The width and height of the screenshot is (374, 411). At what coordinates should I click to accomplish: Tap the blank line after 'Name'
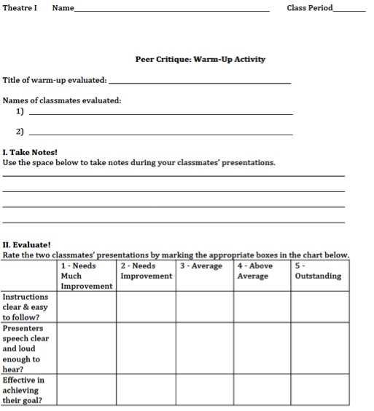coord(171,10)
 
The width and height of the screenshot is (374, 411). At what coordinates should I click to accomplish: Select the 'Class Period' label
coord(309,8)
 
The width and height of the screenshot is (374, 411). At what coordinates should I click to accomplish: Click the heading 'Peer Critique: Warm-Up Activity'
coord(200,60)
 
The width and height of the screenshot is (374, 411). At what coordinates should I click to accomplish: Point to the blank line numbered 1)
coord(160,114)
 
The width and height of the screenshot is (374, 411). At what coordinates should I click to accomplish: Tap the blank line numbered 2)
coord(160,134)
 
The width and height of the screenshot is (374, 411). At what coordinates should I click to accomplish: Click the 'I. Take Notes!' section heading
coord(30,152)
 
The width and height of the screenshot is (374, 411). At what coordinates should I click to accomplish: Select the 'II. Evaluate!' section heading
coord(27,245)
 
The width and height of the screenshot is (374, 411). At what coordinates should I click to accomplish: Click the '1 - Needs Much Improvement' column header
coord(86,276)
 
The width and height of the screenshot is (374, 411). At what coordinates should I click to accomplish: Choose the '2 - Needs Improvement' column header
coord(146,271)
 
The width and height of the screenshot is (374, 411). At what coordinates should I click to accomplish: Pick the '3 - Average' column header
coord(200,266)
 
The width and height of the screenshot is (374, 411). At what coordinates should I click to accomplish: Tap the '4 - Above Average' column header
coord(255,271)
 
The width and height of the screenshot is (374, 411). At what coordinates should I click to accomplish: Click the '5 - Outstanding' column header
coord(318,271)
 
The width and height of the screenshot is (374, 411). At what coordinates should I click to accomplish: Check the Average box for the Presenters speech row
coord(205,348)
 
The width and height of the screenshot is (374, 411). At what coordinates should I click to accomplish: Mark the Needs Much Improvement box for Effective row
coord(86,390)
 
